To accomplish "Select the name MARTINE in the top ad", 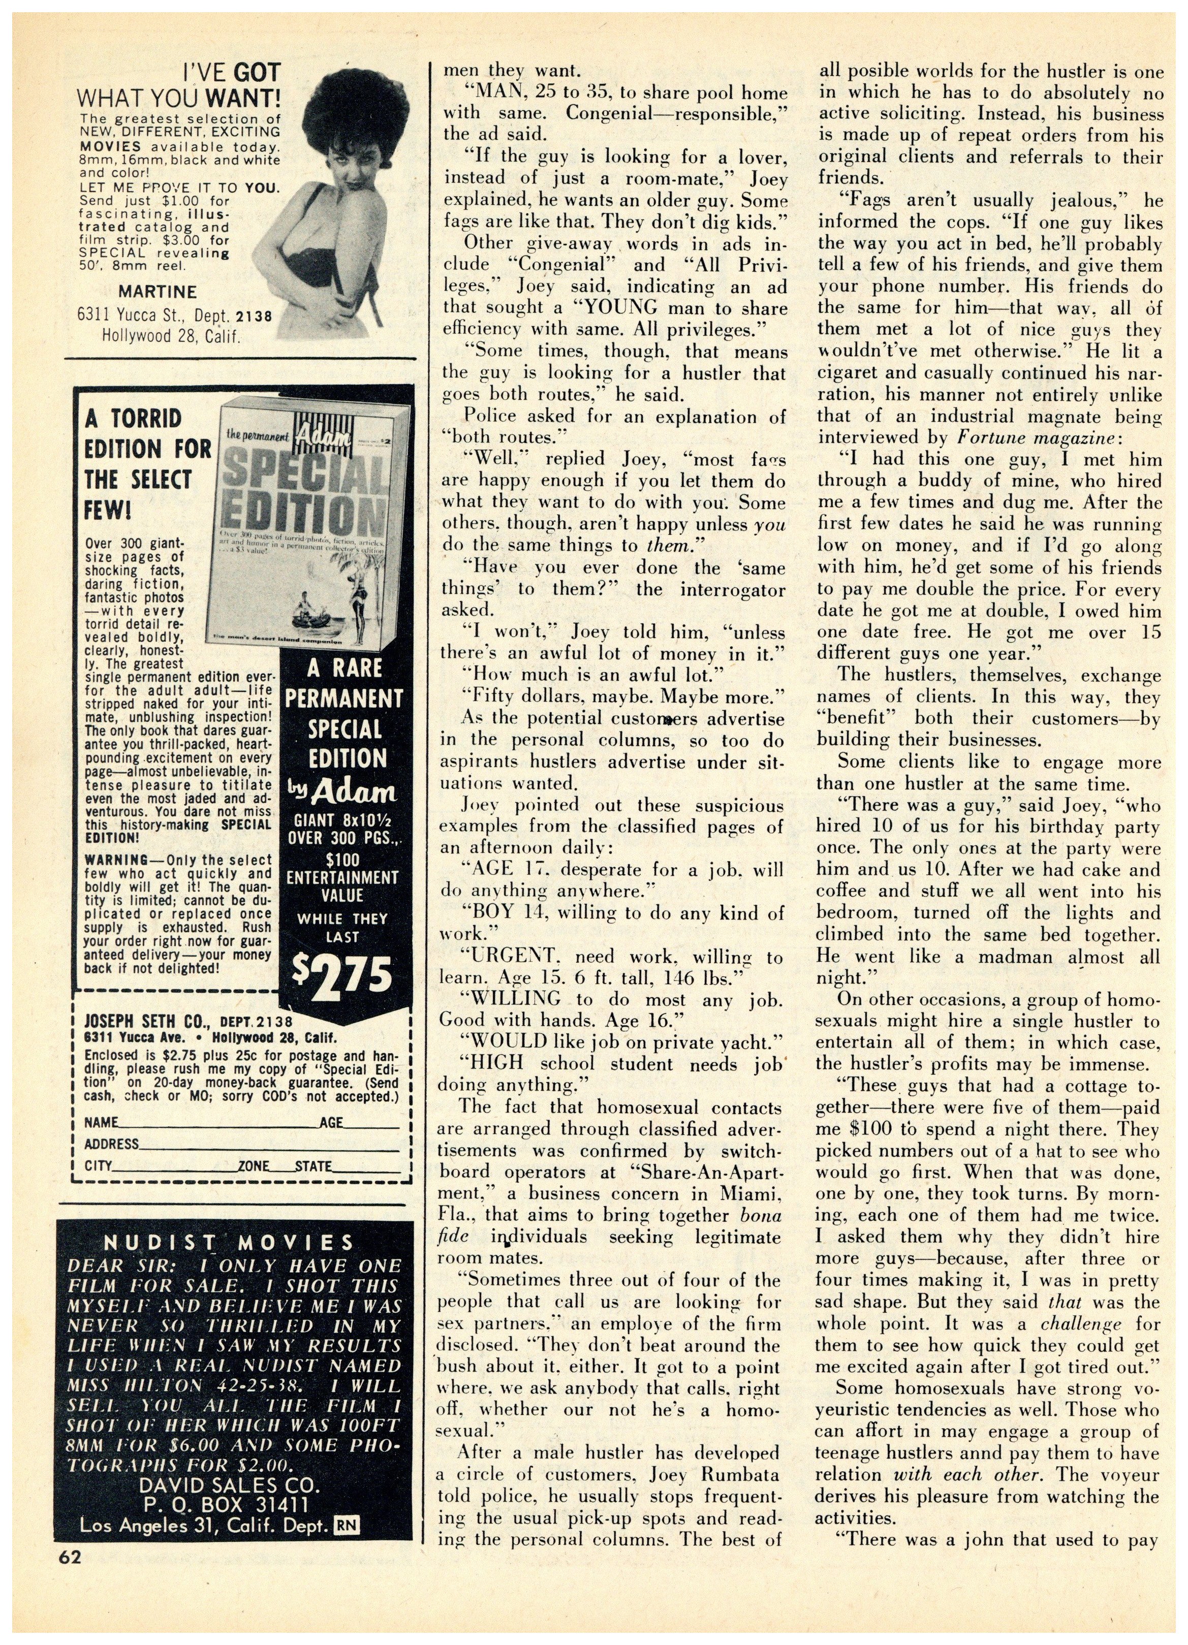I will pos(158,292).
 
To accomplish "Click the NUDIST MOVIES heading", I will pos(229,1243).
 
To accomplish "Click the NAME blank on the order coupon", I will pos(217,1123).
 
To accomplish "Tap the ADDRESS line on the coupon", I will pos(268,1145).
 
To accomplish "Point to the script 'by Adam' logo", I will pos(342,792).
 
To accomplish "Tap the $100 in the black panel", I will pos(341,860).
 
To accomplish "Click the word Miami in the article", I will pos(750,1194).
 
